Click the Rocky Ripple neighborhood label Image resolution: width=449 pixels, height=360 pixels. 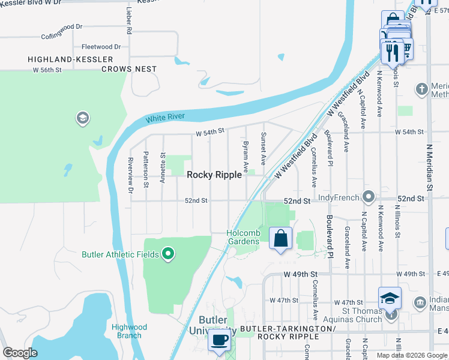click(214, 175)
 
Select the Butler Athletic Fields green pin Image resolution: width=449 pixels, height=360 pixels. click(168, 254)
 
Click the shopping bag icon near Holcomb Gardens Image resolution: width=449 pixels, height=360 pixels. click(280, 238)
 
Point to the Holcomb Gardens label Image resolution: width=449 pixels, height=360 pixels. click(243, 237)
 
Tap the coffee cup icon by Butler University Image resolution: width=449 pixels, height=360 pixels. click(218, 340)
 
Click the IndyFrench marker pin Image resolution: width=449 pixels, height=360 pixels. click(369, 197)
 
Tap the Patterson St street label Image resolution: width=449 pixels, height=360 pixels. click(146, 166)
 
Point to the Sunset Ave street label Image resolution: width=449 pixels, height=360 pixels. click(263, 149)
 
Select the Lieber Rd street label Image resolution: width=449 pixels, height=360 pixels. click(129, 20)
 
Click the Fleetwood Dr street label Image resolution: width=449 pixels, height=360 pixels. click(101, 47)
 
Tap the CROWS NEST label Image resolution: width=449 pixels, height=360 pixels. click(128, 70)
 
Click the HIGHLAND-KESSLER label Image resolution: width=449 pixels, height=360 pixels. click(70, 59)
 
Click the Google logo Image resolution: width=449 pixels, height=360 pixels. click(20, 353)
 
